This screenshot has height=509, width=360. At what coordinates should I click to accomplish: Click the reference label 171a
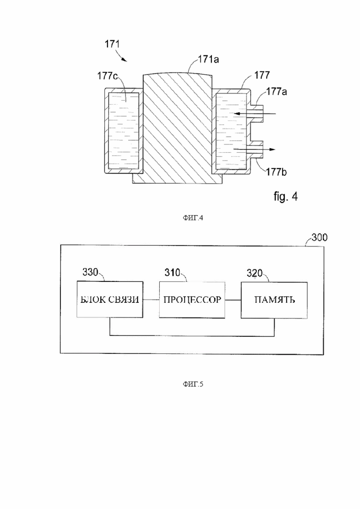pos(209,59)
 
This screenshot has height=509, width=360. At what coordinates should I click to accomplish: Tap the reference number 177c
pos(108,76)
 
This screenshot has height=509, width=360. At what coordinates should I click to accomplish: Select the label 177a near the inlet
pos(276,91)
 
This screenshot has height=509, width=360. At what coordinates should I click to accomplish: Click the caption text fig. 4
pos(285,197)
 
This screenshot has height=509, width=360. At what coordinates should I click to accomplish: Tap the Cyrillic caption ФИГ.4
pos(193,218)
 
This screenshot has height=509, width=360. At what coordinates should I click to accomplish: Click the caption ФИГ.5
pos(193,384)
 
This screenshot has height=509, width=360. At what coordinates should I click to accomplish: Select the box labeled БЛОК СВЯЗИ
pos(110,299)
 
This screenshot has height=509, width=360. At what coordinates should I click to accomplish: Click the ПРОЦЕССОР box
pos(192,299)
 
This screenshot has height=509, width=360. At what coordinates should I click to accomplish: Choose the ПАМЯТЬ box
pos(274,300)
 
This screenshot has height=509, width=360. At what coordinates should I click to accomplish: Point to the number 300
pos(319,237)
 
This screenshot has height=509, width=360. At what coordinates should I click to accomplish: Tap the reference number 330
pos(90,272)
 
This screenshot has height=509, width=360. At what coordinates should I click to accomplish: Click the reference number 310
pos(172,273)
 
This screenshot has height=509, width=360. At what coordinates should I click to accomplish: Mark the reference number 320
pos(254,273)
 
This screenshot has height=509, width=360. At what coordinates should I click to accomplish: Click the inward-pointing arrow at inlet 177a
pos(254,114)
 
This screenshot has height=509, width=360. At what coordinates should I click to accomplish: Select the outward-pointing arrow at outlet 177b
pos(254,150)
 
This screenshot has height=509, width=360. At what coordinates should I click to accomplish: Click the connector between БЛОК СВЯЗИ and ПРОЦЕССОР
pos(151,299)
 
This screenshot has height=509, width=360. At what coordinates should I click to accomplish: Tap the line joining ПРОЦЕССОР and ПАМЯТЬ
pos(233,300)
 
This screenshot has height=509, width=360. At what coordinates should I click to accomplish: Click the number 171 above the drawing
pos(112,44)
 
